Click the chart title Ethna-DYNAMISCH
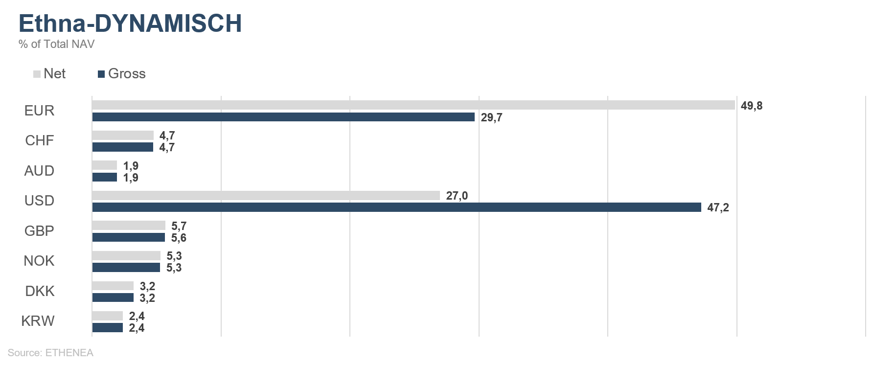[x=130, y=23]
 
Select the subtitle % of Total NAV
[x=56, y=44]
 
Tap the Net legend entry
[x=49, y=74]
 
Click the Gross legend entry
[x=122, y=74]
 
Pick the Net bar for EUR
[x=414, y=105]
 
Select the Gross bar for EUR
[x=283, y=117]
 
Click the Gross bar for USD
[x=396, y=207]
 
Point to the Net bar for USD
[x=266, y=196]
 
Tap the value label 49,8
[x=752, y=106]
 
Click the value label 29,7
[x=492, y=117]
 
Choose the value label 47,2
[x=718, y=207]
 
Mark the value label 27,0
[x=457, y=196]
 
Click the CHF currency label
[x=40, y=141]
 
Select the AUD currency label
[x=39, y=171]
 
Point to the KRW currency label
[x=38, y=321]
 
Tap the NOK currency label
[x=39, y=261]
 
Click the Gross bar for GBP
[x=128, y=237]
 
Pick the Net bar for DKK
[x=113, y=286]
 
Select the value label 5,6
[x=179, y=238]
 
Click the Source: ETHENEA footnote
[x=50, y=353]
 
